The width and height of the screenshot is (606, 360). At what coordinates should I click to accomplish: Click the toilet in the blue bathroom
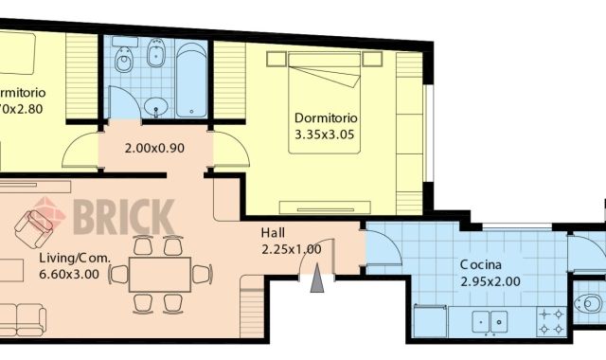[x=123, y=63]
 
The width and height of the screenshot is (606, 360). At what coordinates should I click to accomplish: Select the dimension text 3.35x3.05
[x=326, y=134]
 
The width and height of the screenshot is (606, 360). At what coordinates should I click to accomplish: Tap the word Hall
[x=274, y=233]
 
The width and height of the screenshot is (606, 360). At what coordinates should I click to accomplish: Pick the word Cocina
[x=481, y=264]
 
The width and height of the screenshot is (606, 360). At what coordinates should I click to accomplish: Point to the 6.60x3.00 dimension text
[x=69, y=275]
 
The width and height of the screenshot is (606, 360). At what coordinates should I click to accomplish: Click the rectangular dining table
[x=158, y=275]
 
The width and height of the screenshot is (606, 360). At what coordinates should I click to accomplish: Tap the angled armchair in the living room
[x=39, y=226]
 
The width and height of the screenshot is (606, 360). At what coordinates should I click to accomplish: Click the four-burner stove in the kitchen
[x=552, y=321]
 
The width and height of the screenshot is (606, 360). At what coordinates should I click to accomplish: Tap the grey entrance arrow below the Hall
[x=316, y=280]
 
